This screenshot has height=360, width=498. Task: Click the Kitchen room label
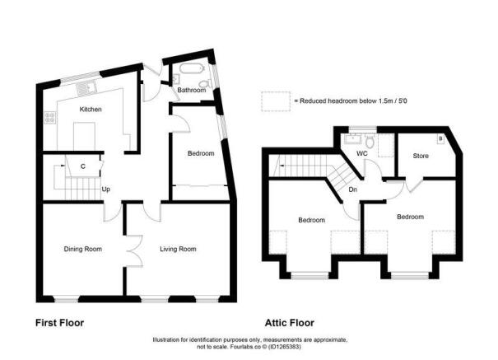pos(90,109)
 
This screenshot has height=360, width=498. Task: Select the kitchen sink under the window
pos(86,86)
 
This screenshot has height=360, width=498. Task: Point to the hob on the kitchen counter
pos(50,116)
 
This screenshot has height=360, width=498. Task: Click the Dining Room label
pos(83,248)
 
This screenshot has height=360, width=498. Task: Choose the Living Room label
pos(178,248)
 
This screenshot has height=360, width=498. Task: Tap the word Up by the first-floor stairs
pos(105,189)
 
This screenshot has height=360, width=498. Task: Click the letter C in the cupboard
pos(83,166)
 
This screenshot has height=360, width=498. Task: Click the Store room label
pos(421,154)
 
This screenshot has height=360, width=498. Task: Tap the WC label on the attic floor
pos(361,153)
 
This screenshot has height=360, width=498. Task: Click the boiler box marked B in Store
pos(440,139)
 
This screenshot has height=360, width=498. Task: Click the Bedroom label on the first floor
pos(200,153)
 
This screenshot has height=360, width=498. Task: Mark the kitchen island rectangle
pos(83,133)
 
